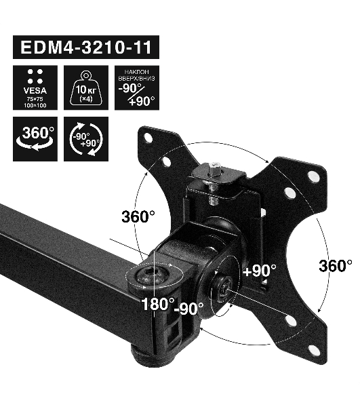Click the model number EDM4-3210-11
point(86,47)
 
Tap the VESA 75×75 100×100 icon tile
point(35,88)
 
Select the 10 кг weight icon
point(86,88)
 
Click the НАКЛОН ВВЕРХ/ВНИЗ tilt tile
point(137,88)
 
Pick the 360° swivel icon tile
point(35,139)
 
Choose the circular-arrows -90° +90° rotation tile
point(86,139)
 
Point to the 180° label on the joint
point(158,304)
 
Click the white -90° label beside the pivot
point(189,308)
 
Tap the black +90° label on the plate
point(260,271)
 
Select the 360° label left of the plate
point(138,216)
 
